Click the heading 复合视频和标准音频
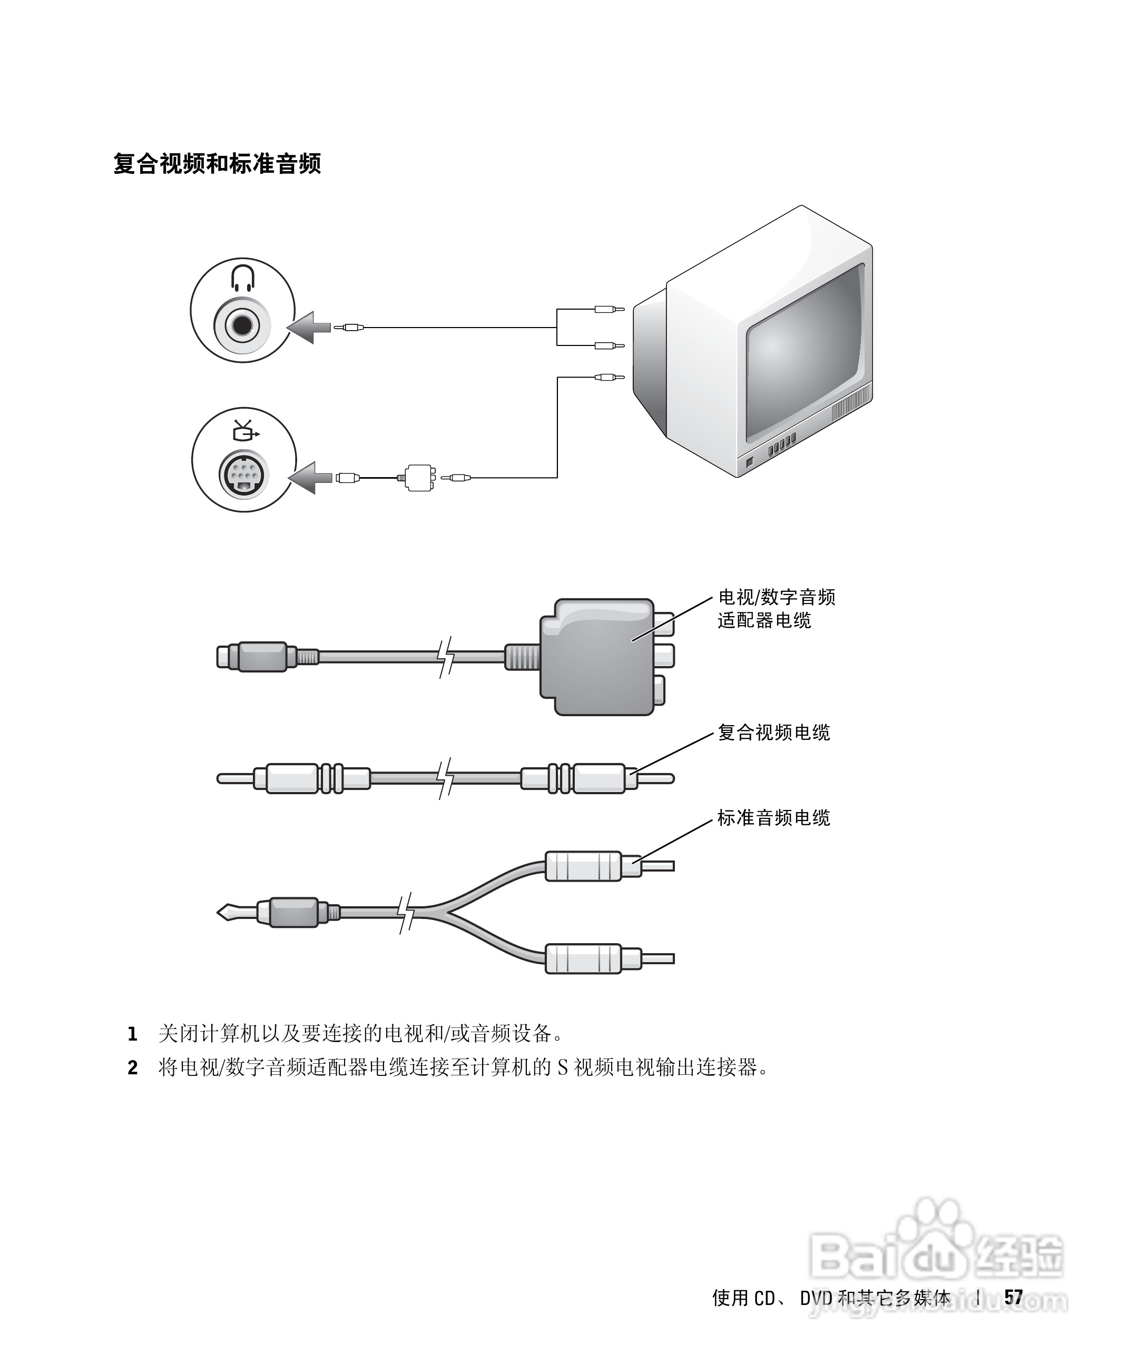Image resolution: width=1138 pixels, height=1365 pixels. click(217, 164)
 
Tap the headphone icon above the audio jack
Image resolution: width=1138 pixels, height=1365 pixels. click(242, 278)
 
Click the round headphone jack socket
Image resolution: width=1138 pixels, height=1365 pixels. click(242, 323)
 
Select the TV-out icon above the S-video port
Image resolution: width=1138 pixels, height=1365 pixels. click(244, 430)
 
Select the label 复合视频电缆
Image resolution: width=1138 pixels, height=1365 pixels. click(774, 733)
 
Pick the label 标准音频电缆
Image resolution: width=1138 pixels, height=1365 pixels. click(774, 818)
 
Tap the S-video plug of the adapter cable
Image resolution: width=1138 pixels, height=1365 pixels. click(253, 657)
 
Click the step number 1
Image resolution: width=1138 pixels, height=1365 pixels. click(133, 1034)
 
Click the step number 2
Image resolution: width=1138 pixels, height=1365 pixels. click(133, 1068)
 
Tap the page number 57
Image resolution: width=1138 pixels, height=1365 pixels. click(1013, 1298)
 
